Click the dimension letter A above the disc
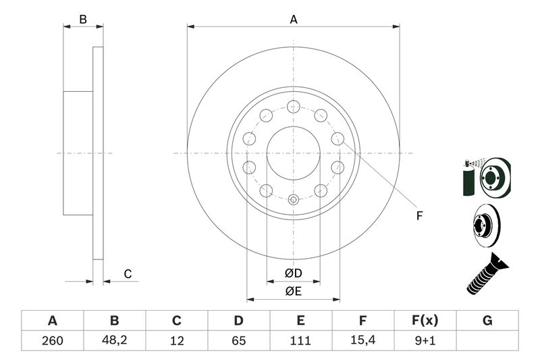point(294,20)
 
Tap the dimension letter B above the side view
point(83,20)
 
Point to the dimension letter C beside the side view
point(126,274)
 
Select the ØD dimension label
point(292,274)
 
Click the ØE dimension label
point(292,291)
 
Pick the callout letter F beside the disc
point(418,216)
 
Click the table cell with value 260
point(52,340)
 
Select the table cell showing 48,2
point(114,340)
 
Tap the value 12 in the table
point(176,340)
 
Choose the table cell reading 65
point(238,340)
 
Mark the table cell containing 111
point(300,340)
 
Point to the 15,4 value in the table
point(362,340)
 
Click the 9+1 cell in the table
point(425,340)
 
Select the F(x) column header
point(425,321)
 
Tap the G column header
point(487,321)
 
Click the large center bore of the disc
point(293,153)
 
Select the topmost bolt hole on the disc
point(293,105)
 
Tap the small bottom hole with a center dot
point(293,200)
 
